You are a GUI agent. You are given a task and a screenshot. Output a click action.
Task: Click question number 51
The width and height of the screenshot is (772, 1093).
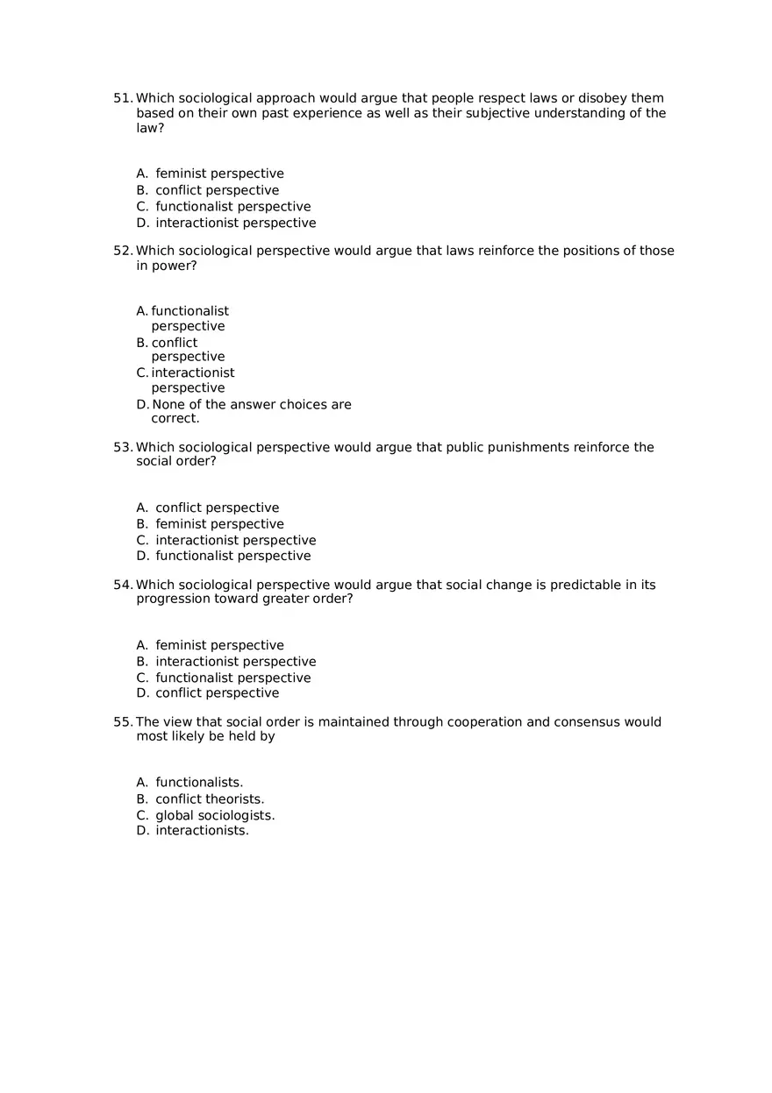pos(123,98)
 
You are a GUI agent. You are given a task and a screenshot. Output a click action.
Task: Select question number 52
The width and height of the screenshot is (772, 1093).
pos(123,251)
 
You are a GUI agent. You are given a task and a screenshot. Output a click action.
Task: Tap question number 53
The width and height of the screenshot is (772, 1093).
pos(123,447)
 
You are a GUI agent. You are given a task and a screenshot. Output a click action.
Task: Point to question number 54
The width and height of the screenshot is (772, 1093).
pos(123,585)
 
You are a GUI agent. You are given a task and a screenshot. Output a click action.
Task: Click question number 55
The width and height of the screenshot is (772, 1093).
pos(123,722)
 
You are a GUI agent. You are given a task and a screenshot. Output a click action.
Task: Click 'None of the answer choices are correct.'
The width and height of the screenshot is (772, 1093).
pos(251,411)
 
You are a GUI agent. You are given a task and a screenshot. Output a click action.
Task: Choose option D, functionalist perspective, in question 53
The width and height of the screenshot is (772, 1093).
pos(232,556)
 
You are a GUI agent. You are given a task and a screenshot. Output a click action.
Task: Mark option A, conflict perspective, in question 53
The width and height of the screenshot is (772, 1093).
pos(217,507)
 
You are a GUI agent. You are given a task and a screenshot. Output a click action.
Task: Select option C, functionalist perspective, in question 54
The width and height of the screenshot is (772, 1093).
pos(232,678)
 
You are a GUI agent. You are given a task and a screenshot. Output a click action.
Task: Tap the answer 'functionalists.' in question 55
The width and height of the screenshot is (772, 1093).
pos(199,782)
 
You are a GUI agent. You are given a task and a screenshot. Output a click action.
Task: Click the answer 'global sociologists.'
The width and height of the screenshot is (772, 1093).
pos(215,815)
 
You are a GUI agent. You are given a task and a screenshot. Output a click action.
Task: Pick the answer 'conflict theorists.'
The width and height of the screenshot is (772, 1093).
pos(210,798)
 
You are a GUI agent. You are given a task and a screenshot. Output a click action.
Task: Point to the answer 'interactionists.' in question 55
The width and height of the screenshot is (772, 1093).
pos(202,831)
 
